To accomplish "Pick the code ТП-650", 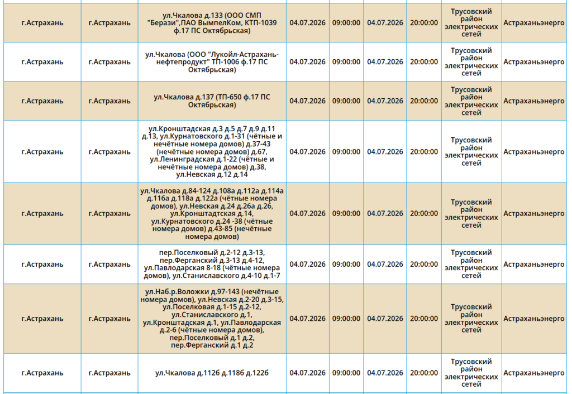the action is (228, 97).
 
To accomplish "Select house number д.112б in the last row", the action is (208, 373).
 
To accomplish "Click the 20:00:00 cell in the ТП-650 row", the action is (424, 101).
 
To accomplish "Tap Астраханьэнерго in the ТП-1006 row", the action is (534, 62).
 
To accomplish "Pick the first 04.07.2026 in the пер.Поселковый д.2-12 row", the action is (308, 264).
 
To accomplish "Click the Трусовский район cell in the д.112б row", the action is (471, 373).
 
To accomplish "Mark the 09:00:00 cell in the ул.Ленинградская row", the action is (346, 152).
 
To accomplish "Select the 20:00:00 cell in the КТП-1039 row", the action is (424, 22).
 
